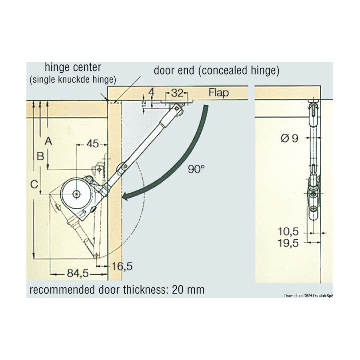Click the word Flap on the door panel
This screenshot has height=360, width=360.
(218, 93)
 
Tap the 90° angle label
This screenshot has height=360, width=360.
(196, 169)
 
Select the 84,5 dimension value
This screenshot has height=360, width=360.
(78, 273)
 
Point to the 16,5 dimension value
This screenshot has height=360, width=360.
(122, 266)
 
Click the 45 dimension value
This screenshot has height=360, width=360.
(92, 144)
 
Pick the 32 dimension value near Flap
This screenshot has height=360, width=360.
(178, 93)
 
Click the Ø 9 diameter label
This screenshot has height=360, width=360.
(290, 138)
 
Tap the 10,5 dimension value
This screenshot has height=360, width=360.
(288, 232)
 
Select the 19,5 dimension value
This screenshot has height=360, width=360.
(288, 243)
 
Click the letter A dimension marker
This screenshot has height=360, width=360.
(48, 141)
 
